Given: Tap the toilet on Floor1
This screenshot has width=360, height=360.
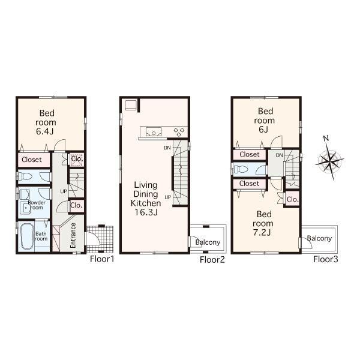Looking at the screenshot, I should point(26,176).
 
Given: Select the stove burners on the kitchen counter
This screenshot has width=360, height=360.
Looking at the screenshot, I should point(179,131).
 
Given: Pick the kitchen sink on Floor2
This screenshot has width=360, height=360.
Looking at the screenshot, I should point(151,131).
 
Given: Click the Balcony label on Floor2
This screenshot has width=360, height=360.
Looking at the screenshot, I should point(208,242).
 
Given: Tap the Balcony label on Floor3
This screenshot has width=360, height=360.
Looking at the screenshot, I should point(319,238).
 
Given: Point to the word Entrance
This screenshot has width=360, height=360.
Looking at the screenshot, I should point(73,235).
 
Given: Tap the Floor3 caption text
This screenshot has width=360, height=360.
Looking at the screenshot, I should point(325,259).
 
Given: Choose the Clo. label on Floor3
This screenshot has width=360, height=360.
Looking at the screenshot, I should point(293,199).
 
